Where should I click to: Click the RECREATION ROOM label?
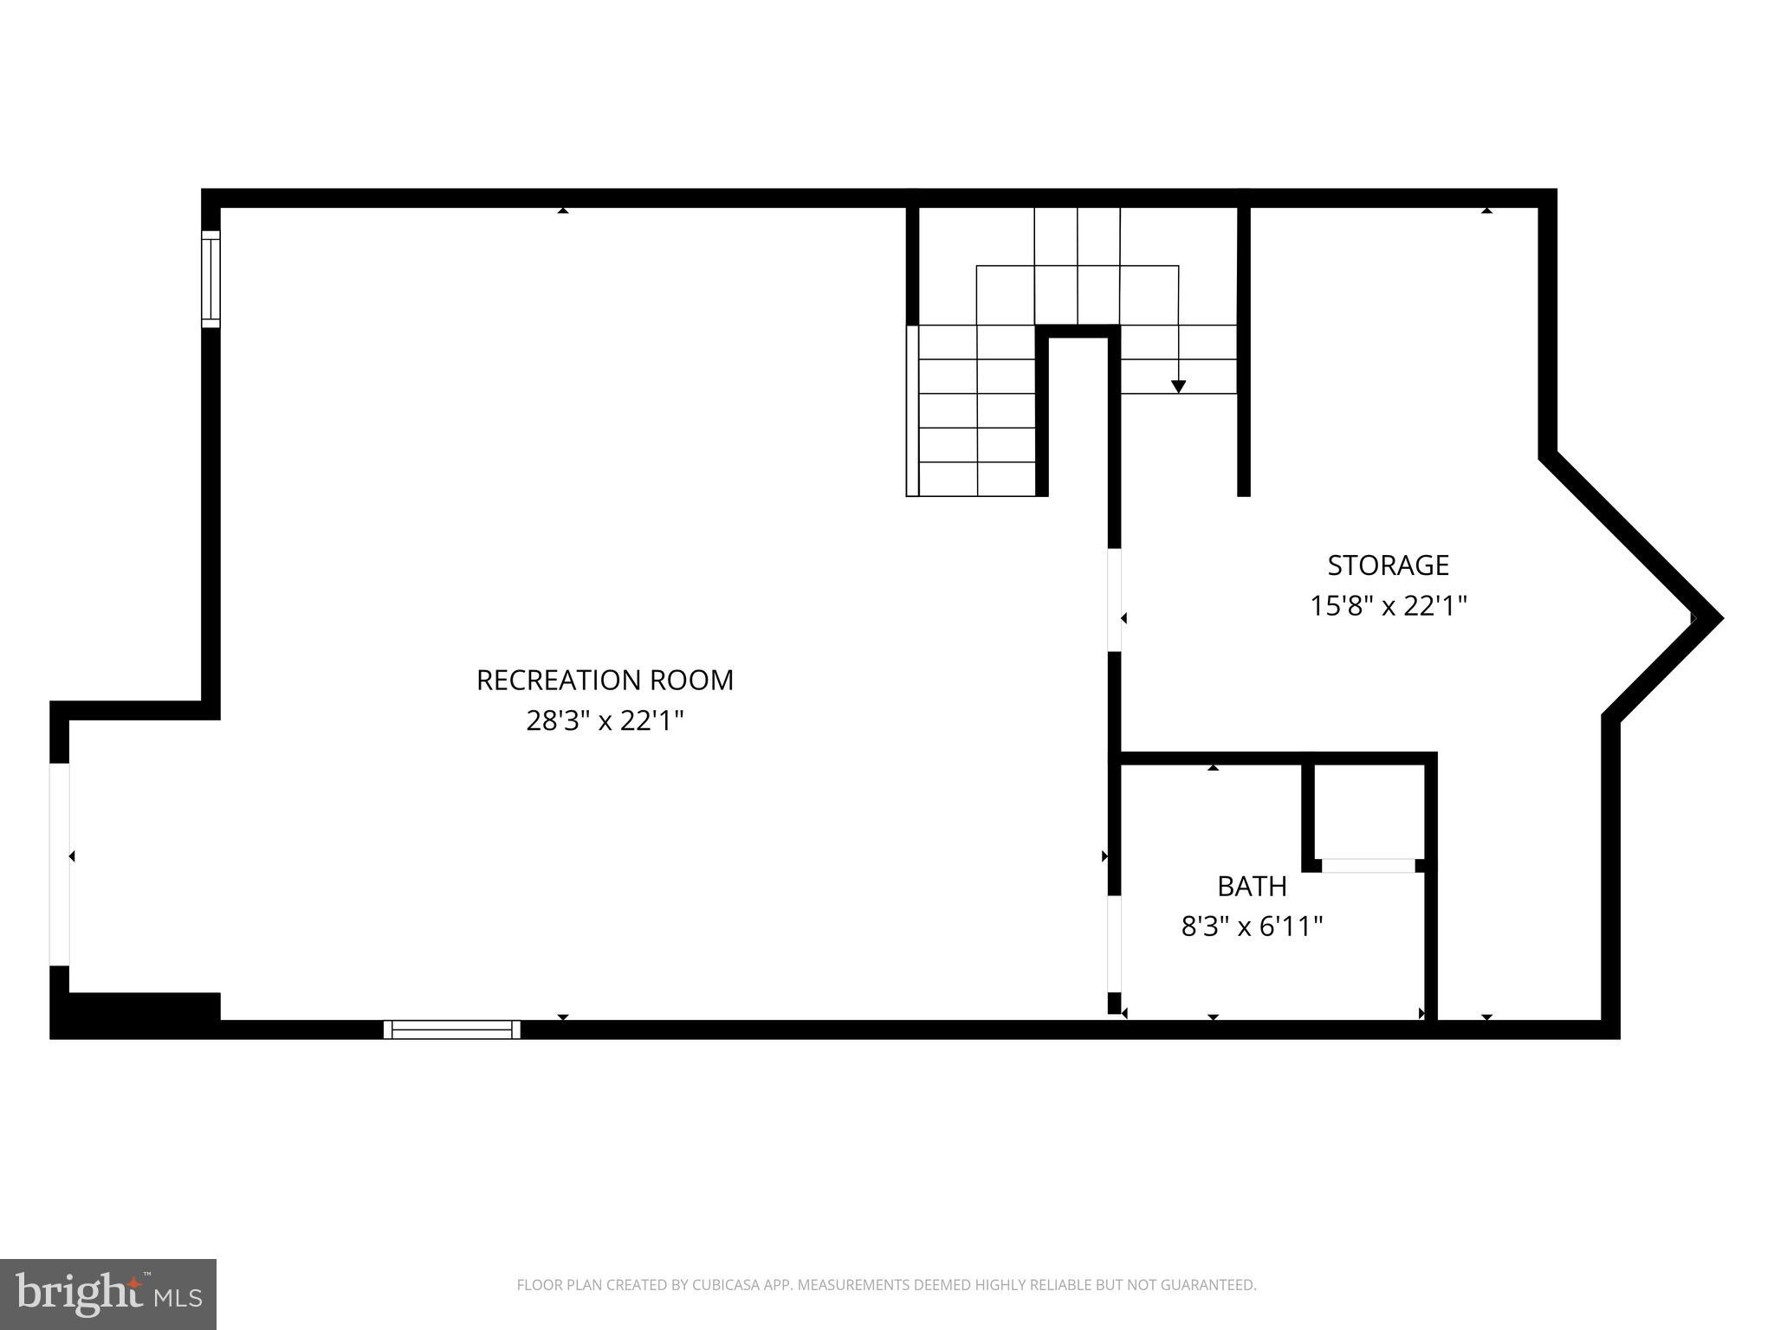[x=605, y=681]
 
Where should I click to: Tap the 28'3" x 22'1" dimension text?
[x=605, y=720]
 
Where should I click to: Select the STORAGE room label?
[x=1388, y=565]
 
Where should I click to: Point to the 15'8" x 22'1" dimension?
[x=1388, y=605]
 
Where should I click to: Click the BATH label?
[x=1252, y=887]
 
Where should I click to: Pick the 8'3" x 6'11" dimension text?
[x=1252, y=927]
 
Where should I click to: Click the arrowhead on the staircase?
[x=1178, y=386]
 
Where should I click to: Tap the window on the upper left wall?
[x=210, y=279]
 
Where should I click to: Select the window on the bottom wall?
[x=451, y=1030]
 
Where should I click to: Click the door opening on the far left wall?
[x=60, y=864]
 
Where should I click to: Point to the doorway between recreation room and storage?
[x=1115, y=599]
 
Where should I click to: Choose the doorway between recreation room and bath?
[x=1115, y=943]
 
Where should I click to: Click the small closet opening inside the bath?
[x=1368, y=865]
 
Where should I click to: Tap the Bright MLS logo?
[x=108, y=1294]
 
